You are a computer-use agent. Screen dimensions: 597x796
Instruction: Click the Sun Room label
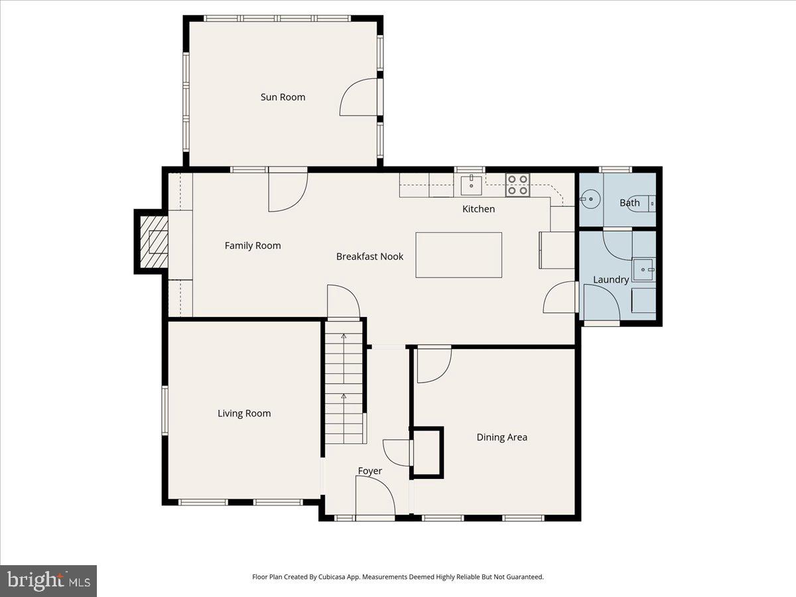283,97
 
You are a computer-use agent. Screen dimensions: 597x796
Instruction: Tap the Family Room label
253,245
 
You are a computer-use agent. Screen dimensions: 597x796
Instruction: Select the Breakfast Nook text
369,256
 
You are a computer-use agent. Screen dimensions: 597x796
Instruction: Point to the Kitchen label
478,209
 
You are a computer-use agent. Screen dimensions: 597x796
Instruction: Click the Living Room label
244,413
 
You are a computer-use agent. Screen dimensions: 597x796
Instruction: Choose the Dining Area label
501,437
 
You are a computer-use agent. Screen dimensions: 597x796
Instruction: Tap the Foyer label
369,471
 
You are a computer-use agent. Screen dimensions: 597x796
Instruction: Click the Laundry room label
610,280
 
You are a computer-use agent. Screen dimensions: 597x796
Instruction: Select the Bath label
630,203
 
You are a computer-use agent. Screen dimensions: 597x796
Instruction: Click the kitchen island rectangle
458,255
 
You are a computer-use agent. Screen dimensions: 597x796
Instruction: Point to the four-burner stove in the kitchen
517,185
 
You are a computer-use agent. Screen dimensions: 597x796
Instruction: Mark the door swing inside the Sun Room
359,98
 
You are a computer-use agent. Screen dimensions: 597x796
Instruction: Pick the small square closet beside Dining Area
427,452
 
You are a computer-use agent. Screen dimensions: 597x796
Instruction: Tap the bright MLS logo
48,581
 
